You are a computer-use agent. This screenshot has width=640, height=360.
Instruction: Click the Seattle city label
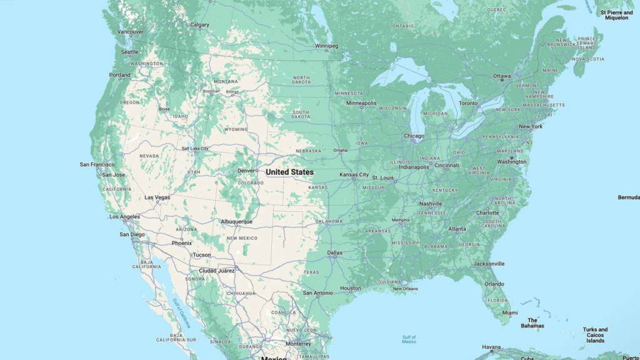pyautogui.click(x=130, y=52)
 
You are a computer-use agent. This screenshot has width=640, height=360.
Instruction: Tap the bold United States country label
pyautogui.click(x=289, y=172)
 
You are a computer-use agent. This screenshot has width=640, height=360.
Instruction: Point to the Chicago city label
pyautogui.click(x=414, y=136)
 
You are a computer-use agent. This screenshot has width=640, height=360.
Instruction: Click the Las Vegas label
pyautogui.click(x=157, y=197)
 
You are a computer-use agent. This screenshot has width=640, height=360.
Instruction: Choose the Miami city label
pyautogui.click(x=510, y=312)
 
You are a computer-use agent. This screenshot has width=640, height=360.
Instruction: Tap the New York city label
pyautogui.click(x=531, y=127)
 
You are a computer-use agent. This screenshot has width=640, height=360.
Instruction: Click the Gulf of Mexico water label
pyautogui.click(x=409, y=339)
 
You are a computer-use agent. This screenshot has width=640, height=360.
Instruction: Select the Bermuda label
pyautogui.click(x=628, y=197)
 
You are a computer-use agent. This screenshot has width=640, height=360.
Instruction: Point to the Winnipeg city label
pyautogui.click(x=326, y=46)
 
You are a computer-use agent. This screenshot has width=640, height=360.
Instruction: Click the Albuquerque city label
pyautogui.click(x=236, y=221)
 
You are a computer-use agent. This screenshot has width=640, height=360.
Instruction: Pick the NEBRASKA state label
pyautogui.click(x=308, y=151)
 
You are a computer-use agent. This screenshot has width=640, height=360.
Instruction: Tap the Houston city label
pyautogui.click(x=350, y=288)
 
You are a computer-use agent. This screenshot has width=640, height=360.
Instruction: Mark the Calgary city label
pyautogui.click(x=199, y=25)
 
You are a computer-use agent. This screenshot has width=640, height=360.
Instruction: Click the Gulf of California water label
pyautogui.click(x=181, y=313)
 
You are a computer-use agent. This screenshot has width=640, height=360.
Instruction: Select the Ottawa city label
pyautogui.click(x=502, y=76)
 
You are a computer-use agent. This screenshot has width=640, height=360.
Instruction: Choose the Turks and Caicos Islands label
pyautogui.click(x=595, y=335)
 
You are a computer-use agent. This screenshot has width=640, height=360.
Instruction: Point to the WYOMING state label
pyautogui.click(x=236, y=129)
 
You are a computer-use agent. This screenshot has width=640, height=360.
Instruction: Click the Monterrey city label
pyautogui.click(x=297, y=344)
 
